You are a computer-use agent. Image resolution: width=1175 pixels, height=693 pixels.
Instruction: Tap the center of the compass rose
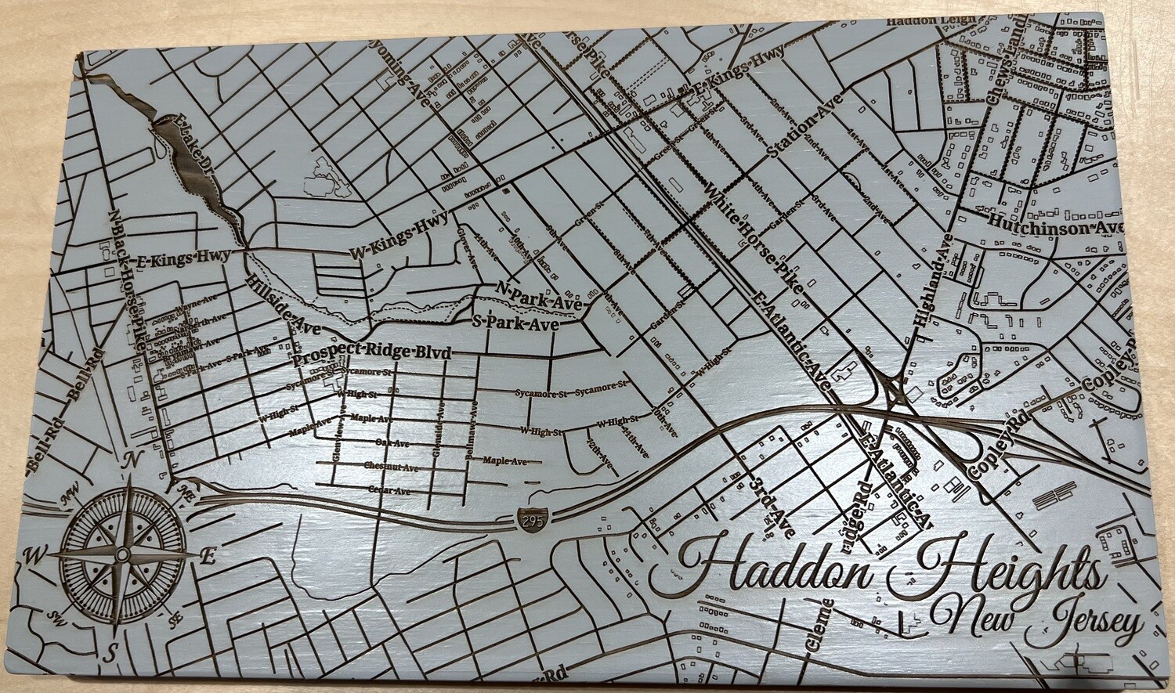pos(123,554)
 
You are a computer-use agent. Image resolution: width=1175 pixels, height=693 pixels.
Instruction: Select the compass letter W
pos(34,556)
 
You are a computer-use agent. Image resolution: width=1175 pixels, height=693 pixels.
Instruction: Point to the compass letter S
pos(113,649)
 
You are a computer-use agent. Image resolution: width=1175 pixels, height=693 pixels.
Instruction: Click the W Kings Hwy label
pos(399,237)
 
